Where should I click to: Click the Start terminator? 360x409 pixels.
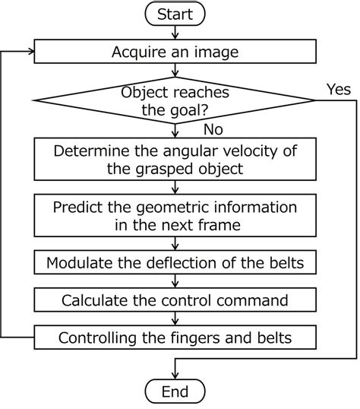tap(175, 14)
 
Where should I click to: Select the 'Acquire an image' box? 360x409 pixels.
tap(175, 52)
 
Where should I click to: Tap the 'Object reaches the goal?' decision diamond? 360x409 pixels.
tap(175, 100)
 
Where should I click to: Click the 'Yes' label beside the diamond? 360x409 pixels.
tap(338, 89)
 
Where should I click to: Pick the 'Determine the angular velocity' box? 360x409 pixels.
tap(175, 159)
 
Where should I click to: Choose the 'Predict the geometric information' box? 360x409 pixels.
tap(175, 215)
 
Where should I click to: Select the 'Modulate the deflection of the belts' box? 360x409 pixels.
tap(175, 263)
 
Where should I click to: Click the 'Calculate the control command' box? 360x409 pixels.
tap(175, 300)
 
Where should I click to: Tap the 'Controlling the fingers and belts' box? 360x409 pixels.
tap(175, 337)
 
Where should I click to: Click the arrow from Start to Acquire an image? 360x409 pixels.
tap(175, 33)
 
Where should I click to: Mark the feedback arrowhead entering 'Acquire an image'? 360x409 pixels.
tap(30, 52)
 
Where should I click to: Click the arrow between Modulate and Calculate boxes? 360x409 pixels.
tap(175, 281)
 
